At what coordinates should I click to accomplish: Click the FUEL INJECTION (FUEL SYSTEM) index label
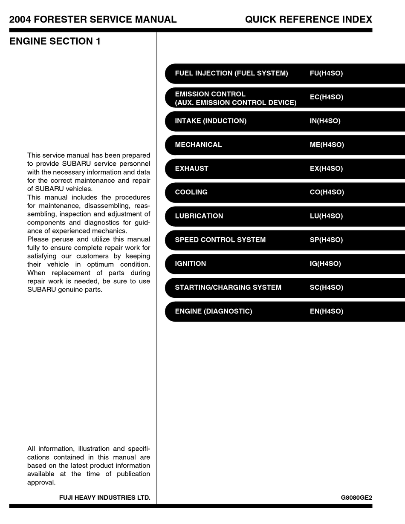(x=231, y=73)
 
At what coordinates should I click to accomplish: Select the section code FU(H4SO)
(x=326, y=73)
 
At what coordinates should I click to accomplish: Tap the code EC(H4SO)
(x=326, y=97)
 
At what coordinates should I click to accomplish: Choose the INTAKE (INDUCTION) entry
(x=211, y=121)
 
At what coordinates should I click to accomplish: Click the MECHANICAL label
(x=198, y=145)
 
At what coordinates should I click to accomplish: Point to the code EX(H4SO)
(x=326, y=169)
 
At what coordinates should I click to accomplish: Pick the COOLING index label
(x=191, y=192)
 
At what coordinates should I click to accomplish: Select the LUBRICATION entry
(x=199, y=216)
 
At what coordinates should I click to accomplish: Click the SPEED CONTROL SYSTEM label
(x=220, y=240)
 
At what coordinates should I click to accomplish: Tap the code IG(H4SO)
(x=325, y=264)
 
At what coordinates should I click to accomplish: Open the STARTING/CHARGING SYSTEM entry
(x=228, y=288)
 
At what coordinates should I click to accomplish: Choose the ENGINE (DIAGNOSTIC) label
(x=214, y=311)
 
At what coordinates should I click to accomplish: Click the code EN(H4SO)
(x=326, y=311)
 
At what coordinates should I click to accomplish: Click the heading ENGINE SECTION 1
(x=55, y=41)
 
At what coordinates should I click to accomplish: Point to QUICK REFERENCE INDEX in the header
(x=308, y=20)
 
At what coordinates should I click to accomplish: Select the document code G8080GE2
(x=356, y=498)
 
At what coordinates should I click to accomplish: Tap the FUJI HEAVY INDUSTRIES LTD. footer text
(x=104, y=498)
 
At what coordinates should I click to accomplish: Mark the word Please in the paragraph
(x=38, y=239)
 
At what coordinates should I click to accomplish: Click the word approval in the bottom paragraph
(x=41, y=483)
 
